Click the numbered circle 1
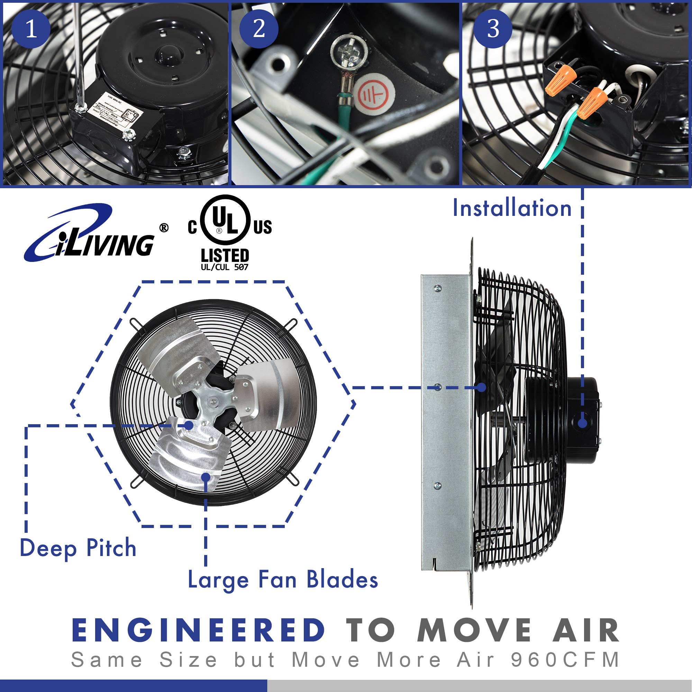pos(31,29)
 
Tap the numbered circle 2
pos(258,29)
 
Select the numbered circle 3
pos(493,29)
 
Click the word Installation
pos(512,208)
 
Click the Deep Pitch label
pos(78,548)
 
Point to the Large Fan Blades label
pos(283,579)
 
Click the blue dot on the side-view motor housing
pos(582,423)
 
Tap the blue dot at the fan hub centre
pos(189,425)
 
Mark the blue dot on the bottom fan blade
pos(206,477)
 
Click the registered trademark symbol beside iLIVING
pos(164,228)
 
